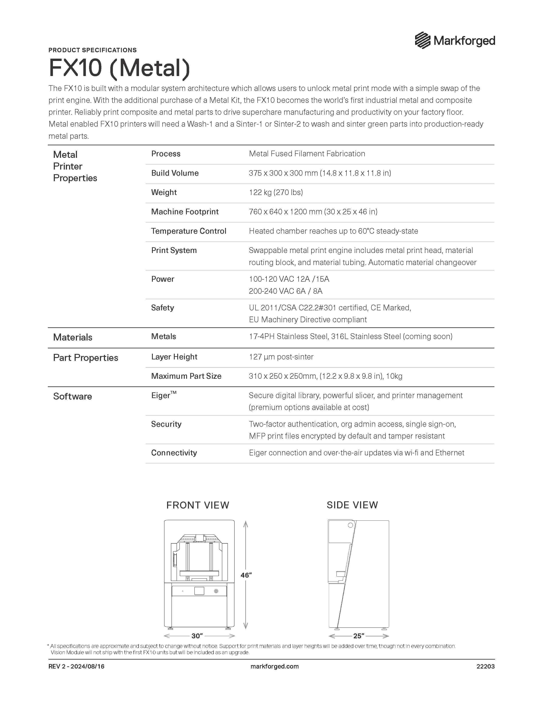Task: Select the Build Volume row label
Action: (175, 173)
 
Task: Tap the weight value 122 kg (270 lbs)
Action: (276, 192)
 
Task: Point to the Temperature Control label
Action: (189, 231)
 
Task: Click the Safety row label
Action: (162, 308)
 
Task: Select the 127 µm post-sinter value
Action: (281, 357)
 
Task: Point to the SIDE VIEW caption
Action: (352, 505)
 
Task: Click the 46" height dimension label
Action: (246, 575)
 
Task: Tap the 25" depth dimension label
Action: (359, 636)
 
